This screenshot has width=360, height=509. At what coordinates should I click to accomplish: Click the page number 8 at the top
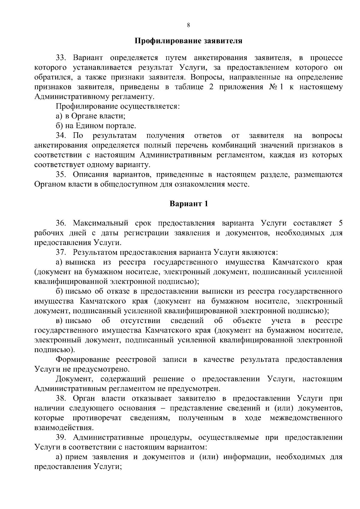[188, 25]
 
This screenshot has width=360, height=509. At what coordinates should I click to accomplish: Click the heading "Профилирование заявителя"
[188, 41]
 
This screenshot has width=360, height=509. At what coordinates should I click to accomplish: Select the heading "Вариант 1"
[189, 204]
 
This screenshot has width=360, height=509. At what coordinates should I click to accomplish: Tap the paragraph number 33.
[60, 58]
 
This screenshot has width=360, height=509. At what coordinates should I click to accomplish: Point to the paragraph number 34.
[60, 136]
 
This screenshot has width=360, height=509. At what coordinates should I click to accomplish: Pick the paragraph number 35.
[60, 175]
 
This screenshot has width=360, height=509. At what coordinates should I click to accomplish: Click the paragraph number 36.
[60, 223]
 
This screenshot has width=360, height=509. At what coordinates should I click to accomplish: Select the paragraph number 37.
[60, 252]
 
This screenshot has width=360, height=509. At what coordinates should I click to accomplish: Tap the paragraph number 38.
[60, 399]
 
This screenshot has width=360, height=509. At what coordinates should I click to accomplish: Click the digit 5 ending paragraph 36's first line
[340, 223]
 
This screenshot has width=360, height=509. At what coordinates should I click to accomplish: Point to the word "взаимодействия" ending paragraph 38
[63, 428]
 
